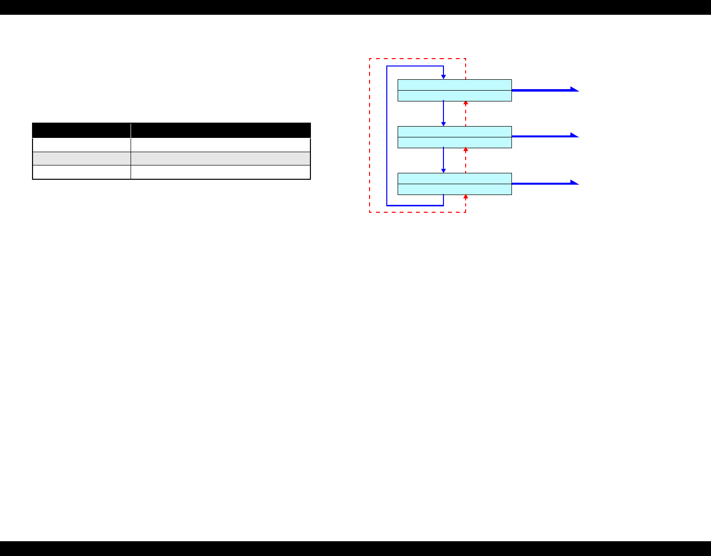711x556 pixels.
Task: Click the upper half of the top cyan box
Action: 454,85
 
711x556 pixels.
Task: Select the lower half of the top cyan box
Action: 454,96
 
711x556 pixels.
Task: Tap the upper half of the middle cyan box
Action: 454,131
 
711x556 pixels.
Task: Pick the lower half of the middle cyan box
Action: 454,142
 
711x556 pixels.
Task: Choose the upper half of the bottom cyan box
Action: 454,178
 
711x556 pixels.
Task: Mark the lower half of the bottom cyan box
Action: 454,189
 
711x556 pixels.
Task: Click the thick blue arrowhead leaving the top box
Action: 574,89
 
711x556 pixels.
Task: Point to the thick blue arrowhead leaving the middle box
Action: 574,135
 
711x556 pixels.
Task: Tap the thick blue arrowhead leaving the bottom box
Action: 574,182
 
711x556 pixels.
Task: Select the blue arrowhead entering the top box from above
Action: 443,77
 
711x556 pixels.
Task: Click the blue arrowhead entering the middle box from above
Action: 443,124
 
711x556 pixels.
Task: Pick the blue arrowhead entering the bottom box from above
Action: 443,170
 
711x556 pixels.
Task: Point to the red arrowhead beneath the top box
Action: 466,103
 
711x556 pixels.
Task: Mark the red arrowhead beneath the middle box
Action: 466,150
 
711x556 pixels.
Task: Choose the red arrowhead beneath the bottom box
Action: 466,197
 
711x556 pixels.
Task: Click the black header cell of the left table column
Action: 81,131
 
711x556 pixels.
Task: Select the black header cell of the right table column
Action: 221,131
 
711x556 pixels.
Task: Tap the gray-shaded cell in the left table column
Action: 81,159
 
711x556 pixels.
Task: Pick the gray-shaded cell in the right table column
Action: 221,159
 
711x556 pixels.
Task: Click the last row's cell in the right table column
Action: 221,172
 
